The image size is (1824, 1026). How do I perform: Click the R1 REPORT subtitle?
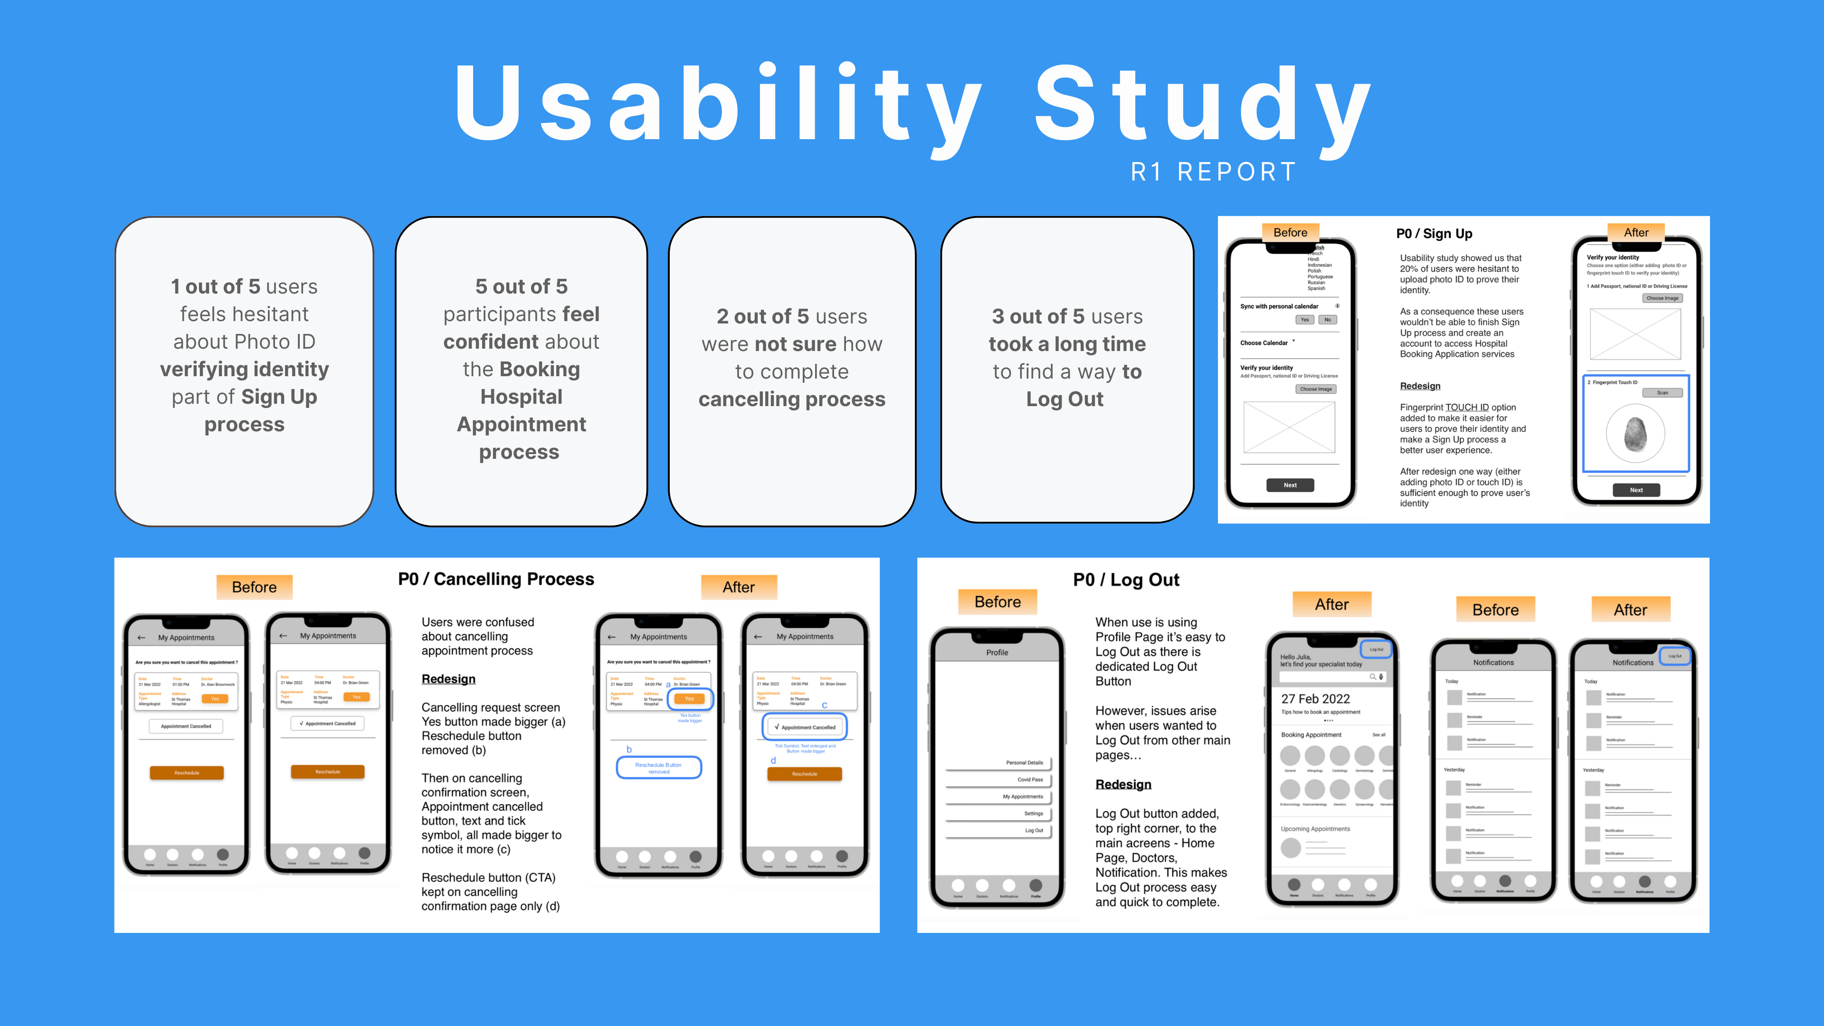(1214, 172)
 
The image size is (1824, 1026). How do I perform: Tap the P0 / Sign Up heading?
(1434, 234)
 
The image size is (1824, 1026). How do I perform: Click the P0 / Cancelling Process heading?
(495, 579)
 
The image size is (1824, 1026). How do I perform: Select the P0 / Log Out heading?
(1126, 580)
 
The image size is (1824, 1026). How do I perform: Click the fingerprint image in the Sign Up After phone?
(1635, 433)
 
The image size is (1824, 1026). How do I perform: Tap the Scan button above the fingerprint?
(1662, 393)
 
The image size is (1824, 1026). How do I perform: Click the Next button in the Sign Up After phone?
(1635, 490)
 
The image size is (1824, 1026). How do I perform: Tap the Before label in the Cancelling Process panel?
(254, 587)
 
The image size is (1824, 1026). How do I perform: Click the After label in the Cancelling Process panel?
(739, 587)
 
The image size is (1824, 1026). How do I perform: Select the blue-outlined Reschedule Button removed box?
(658, 768)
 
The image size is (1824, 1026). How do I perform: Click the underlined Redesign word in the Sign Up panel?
(1420, 386)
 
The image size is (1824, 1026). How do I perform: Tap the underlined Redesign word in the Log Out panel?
(1123, 785)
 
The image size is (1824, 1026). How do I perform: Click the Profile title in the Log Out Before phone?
(997, 653)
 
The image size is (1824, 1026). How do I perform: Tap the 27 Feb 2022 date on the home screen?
(1315, 699)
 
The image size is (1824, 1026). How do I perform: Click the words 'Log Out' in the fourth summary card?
(1065, 399)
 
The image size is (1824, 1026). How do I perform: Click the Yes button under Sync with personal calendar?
(1304, 320)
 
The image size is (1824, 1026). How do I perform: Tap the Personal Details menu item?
(1024, 762)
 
